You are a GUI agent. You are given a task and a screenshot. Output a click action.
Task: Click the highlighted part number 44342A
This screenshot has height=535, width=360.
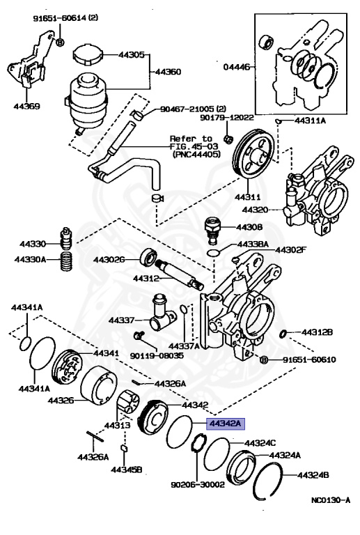(222, 423)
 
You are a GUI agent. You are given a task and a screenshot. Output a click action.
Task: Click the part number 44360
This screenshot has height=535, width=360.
(167, 72)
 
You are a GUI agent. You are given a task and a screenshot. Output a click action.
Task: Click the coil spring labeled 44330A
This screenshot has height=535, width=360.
(67, 261)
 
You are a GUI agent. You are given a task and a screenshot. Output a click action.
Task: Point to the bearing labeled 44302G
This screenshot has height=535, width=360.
(149, 256)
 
